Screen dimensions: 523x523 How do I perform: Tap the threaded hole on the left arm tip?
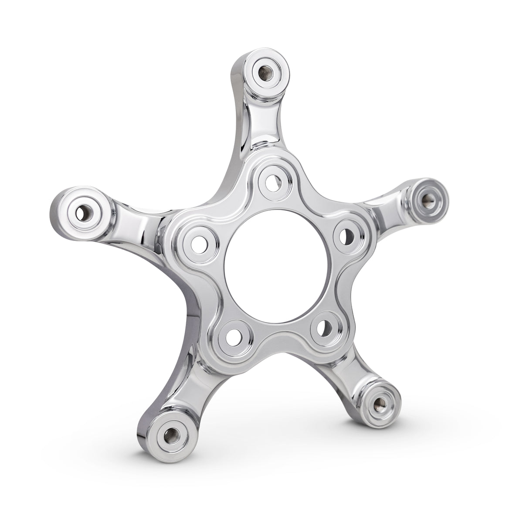click(x=82, y=213)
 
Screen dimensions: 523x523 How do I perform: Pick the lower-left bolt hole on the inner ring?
click(x=233, y=336)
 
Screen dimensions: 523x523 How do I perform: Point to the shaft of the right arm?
click(x=384, y=209)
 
